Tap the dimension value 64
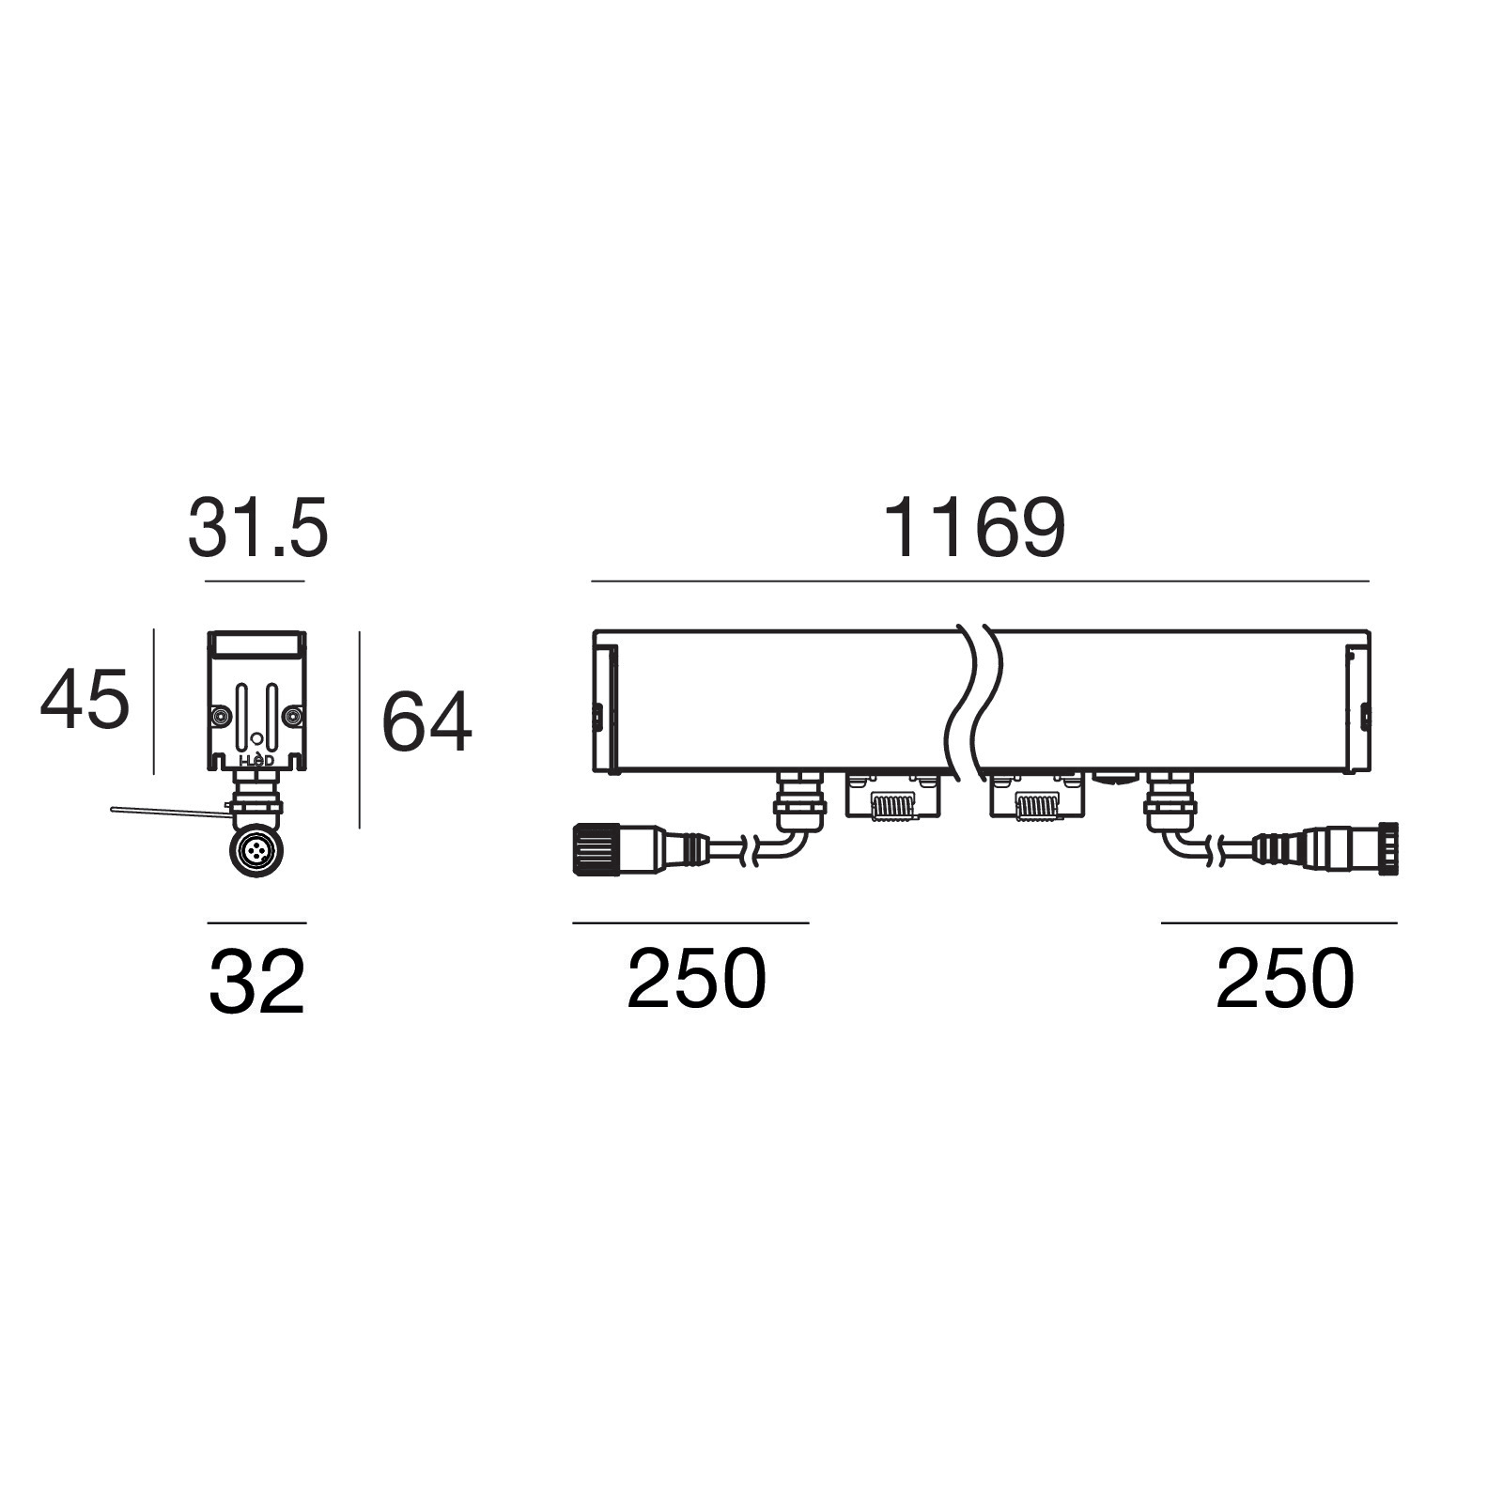click(426, 721)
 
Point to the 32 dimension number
click(256, 982)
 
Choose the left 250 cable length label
click(696, 978)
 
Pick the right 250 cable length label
click(1285, 978)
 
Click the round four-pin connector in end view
click(256, 852)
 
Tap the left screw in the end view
click(220, 717)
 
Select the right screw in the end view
click(293, 717)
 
